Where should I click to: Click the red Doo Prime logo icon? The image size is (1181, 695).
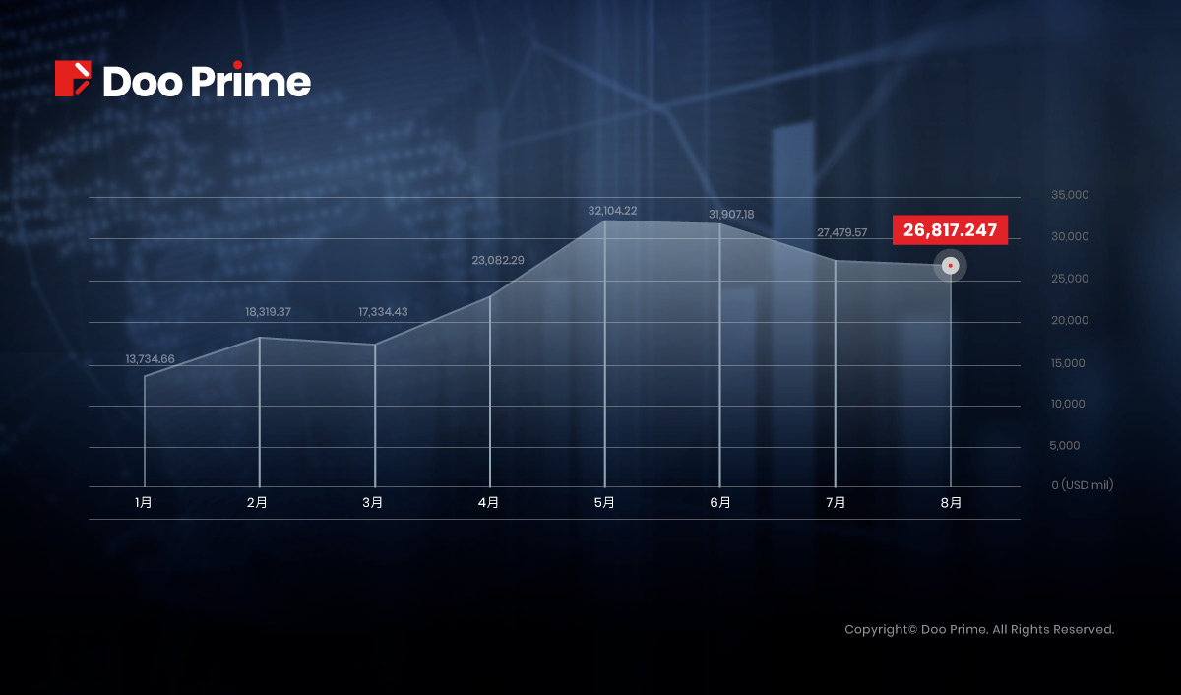tap(73, 79)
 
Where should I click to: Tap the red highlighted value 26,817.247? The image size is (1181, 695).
tap(950, 230)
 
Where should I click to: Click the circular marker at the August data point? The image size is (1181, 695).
tap(950, 265)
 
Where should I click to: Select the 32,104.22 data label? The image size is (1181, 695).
tap(612, 211)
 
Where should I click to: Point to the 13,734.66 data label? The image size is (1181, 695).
tap(150, 359)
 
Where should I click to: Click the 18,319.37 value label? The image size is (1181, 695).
tap(268, 312)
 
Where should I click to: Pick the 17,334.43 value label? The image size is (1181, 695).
tap(383, 312)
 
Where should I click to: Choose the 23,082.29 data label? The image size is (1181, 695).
tap(498, 260)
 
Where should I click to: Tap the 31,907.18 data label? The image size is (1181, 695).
tap(731, 214)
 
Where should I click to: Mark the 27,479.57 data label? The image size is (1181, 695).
tap(842, 232)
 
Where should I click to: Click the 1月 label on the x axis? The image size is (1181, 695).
tap(144, 502)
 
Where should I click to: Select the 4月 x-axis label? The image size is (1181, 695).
tap(488, 502)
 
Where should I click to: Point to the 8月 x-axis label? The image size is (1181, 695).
tap(951, 502)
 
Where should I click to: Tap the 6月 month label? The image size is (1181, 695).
tap(720, 502)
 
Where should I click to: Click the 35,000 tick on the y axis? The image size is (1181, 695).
tap(1070, 195)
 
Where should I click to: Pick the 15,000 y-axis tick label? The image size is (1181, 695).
tap(1068, 363)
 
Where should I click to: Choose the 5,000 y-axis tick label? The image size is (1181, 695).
tap(1065, 446)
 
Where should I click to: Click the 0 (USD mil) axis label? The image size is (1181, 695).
tap(1083, 485)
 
